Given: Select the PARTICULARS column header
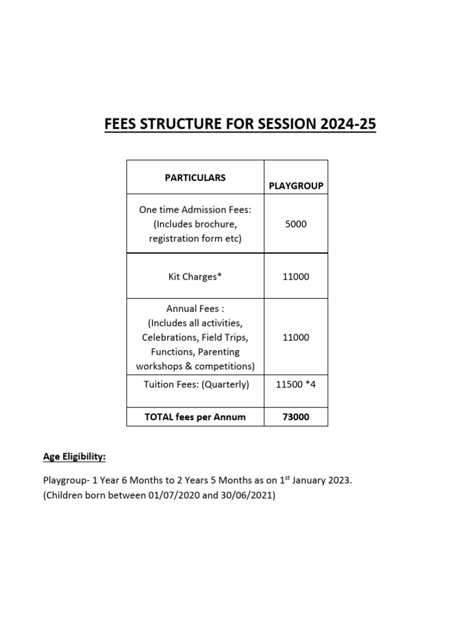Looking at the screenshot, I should (195, 177).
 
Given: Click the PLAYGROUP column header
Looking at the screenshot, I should (296, 186).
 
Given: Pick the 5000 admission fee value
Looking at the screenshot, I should (296, 224).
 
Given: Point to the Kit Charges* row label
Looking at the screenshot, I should (195, 277).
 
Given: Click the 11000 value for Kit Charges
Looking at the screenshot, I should (296, 277).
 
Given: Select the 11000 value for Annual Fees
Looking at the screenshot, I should (296, 337).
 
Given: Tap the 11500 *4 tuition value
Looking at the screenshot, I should (296, 384).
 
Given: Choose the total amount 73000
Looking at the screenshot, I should (296, 417).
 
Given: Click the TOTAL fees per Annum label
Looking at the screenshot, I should (195, 417).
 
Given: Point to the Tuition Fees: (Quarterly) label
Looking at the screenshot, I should (196, 384).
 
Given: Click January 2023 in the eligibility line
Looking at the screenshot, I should (321, 481).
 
